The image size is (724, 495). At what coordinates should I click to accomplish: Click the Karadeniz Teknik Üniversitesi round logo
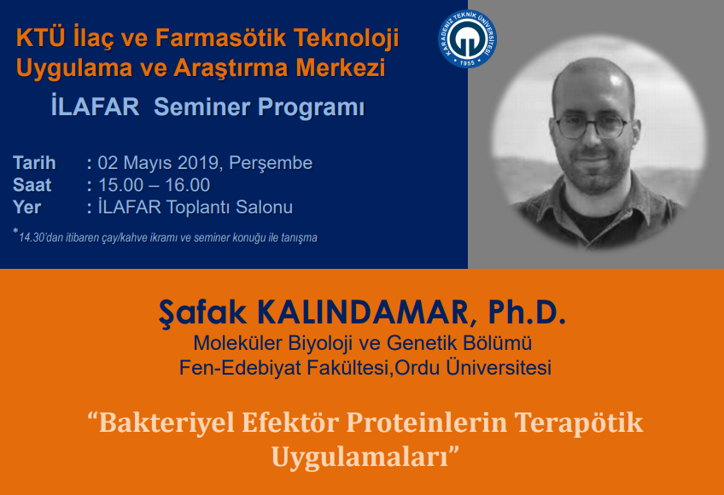(467, 38)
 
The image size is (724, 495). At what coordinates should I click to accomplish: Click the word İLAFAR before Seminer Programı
(95, 106)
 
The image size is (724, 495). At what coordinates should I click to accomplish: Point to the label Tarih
(34, 163)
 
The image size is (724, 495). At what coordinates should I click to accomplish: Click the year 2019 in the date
(201, 163)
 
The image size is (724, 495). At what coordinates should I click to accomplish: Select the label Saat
(32, 185)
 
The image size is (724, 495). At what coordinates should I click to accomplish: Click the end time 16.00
(188, 185)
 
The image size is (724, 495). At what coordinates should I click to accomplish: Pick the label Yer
(26, 207)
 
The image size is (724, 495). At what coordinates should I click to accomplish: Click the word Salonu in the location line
(264, 207)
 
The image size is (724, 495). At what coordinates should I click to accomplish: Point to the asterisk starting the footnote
(15, 231)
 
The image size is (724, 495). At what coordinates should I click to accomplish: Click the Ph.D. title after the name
(527, 312)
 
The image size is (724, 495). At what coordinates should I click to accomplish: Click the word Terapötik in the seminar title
(579, 423)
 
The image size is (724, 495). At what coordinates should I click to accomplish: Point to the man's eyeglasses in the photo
(593, 127)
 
